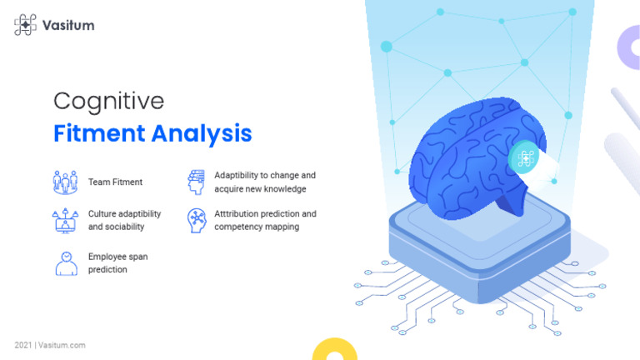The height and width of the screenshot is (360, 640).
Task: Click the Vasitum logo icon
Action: point(25,25)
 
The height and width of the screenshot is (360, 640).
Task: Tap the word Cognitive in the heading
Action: point(108,102)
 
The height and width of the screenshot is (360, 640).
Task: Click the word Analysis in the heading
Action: point(202,132)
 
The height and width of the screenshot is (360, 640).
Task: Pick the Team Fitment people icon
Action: point(66,182)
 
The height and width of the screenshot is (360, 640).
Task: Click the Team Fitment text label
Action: point(115,182)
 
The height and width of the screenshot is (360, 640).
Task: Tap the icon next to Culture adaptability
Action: point(66,220)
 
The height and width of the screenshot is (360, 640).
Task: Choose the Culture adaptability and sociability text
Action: point(124,220)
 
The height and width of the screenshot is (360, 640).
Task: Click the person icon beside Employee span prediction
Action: point(66,263)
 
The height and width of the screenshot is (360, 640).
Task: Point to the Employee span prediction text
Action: point(117,263)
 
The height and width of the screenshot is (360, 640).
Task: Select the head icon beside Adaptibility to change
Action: point(196,182)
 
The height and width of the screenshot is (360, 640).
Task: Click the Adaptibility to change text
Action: point(265,182)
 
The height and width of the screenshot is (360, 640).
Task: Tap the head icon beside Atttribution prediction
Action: point(196,220)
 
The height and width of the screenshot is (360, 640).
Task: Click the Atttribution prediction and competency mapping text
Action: point(265,220)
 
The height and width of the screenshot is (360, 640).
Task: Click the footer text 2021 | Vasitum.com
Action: point(50,345)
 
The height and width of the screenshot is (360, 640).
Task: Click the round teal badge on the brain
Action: point(525,157)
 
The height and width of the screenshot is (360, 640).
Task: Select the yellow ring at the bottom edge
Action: point(334,350)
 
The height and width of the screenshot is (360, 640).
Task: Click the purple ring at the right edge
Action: point(629,47)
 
